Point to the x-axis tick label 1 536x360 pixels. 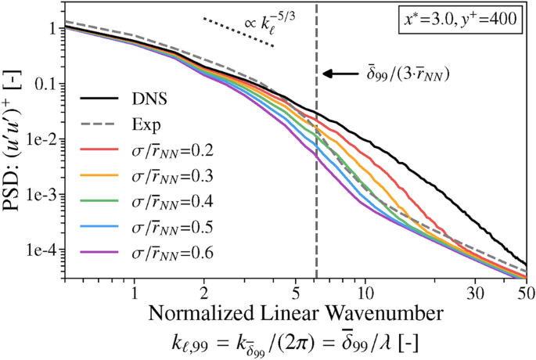click(x=135, y=293)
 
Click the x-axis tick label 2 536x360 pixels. click(x=204, y=293)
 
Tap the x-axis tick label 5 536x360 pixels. click(x=295, y=293)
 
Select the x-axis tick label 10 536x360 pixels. click(x=365, y=293)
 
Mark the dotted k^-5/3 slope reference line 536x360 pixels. click(x=238, y=32)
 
